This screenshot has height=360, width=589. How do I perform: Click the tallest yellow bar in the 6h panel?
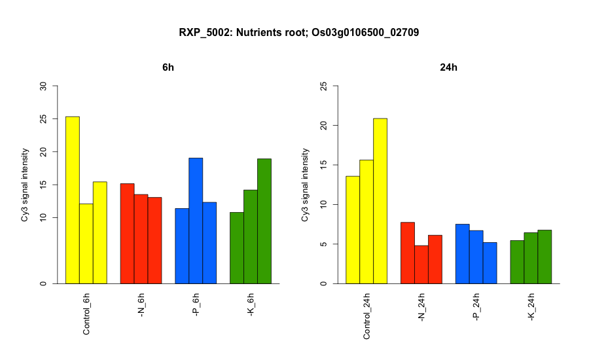(73, 200)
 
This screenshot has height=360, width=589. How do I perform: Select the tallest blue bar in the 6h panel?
(196, 221)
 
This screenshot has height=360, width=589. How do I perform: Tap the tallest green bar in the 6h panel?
(264, 221)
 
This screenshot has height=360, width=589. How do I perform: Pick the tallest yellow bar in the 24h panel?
(380, 201)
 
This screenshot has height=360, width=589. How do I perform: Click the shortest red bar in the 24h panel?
(421, 264)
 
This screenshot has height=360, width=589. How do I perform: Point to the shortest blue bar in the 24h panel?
(490, 263)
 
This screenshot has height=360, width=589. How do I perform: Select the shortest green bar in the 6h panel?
(237, 248)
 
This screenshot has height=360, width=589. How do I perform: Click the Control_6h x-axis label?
(86, 314)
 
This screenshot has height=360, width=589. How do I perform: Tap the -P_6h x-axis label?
(196, 305)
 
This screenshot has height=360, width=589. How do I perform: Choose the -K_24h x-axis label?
(531, 307)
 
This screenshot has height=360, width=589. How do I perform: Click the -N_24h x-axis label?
(421, 307)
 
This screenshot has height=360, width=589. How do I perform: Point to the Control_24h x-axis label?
(366, 316)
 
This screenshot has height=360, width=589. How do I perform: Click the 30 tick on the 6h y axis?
(43, 86)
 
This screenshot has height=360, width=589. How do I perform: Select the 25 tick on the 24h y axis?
(324, 86)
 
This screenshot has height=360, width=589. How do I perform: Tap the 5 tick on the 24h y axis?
(324, 244)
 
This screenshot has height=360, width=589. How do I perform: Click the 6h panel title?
(168, 67)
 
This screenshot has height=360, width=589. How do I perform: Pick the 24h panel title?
(448, 67)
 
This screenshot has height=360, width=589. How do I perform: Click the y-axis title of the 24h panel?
(304, 185)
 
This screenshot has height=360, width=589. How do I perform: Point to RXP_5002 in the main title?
(204, 33)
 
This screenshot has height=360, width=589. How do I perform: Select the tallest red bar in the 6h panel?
(128, 234)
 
